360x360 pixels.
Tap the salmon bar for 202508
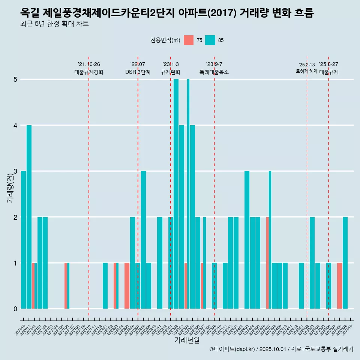pos(339,286)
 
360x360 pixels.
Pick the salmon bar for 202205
pos(127,286)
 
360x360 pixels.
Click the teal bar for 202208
pos(143,240)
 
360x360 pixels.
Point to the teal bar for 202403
pos(247,240)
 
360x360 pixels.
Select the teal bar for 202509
pos(345,263)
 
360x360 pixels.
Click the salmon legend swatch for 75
pos(189,40)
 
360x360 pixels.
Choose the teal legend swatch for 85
pos(210,40)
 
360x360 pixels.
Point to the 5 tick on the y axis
pos(15,79)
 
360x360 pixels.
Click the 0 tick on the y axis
pos(15,309)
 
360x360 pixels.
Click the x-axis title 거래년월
pos(187,340)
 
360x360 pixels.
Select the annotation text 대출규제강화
pos(89,72)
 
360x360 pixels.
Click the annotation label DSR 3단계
pos(138,72)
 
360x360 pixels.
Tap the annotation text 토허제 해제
pos(307,71)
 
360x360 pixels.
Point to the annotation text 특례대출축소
pos(214,72)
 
